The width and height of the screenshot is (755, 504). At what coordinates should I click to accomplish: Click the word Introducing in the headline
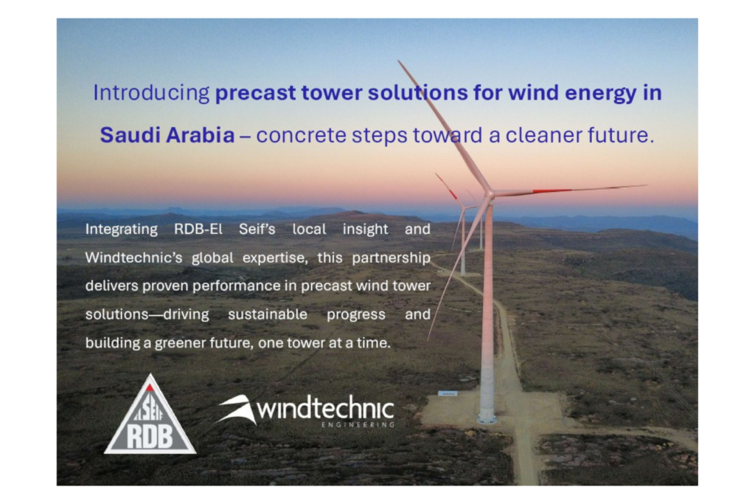click(x=151, y=93)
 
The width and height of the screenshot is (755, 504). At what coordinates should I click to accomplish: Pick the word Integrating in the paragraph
click(x=122, y=229)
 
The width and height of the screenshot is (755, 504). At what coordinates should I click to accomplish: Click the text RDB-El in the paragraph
click(x=198, y=229)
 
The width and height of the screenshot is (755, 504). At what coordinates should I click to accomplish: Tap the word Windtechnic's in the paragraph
click(x=134, y=258)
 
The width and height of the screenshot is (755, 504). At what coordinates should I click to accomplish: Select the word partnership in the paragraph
click(x=391, y=258)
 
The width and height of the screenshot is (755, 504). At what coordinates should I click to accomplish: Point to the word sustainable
click(x=268, y=314)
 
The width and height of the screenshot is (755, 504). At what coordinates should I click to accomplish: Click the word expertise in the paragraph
click(x=275, y=258)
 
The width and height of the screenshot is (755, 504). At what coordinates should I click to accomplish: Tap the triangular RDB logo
click(x=150, y=417)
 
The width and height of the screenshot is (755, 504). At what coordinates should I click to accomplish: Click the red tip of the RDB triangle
click(x=150, y=387)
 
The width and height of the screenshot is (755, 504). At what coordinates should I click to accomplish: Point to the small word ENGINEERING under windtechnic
click(x=358, y=424)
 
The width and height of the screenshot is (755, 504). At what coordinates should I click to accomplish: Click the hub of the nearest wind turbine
click(x=490, y=194)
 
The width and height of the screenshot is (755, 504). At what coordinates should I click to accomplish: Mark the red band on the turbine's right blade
click(x=552, y=191)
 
